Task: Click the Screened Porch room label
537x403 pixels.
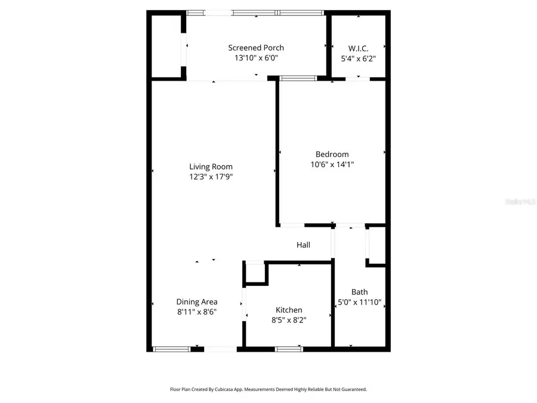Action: [x=256, y=48]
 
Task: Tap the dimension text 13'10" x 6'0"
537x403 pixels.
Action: [x=256, y=58]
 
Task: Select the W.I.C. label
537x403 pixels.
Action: [x=358, y=48]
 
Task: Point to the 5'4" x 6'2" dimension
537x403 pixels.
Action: [x=358, y=59]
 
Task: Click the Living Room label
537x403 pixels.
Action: [x=211, y=167]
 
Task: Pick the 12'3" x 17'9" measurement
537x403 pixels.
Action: [x=211, y=177]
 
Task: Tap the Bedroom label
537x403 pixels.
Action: [x=332, y=154]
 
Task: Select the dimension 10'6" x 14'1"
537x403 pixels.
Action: [x=332, y=164]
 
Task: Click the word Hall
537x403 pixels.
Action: [x=303, y=245]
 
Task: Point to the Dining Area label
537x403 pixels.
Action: [x=196, y=302]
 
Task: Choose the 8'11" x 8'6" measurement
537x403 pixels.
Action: [x=196, y=312]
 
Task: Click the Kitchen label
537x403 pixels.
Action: [x=289, y=310]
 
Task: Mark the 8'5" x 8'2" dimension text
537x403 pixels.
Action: [x=289, y=320]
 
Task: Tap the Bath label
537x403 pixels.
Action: [x=359, y=292]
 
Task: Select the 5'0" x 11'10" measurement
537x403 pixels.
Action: [x=359, y=302]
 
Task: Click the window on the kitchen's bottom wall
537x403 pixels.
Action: [x=289, y=349]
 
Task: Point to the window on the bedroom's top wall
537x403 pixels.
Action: [x=298, y=78]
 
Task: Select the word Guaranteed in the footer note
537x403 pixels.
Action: [x=353, y=389]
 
